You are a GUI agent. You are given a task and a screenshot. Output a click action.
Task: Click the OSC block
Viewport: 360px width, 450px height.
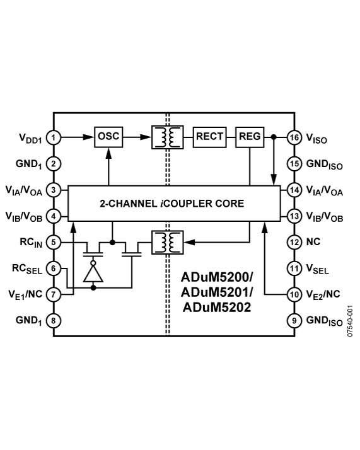[x=109, y=136]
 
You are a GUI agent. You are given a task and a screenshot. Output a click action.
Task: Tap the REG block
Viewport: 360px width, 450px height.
[x=250, y=136]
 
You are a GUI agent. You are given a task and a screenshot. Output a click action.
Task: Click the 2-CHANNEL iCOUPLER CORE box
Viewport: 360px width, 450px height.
[x=171, y=204]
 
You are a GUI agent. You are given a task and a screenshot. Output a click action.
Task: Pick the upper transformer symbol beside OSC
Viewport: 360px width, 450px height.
[x=167, y=137]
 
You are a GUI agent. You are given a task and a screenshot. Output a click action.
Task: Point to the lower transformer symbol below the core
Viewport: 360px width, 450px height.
[x=167, y=241]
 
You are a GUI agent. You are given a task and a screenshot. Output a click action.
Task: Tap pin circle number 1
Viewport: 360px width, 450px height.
[x=55, y=137]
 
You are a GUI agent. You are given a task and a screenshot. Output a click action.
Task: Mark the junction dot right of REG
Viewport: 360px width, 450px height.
[x=274, y=137]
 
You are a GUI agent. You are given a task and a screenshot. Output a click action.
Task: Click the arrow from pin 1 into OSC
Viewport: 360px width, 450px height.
[x=78, y=137]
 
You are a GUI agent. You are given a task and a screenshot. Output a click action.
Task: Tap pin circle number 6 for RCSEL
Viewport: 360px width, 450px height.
[x=55, y=268]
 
